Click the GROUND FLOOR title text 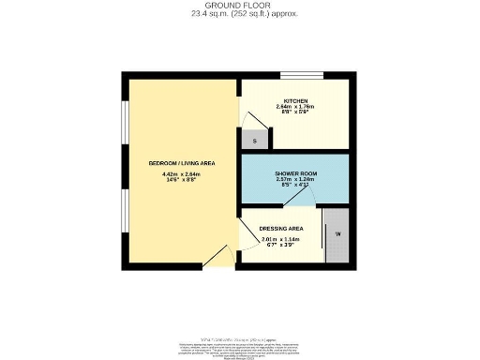coord(240,5)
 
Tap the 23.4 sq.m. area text coord(240,13)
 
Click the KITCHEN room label coord(297,99)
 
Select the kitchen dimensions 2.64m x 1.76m coord(297,110)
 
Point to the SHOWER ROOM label coord(295,175)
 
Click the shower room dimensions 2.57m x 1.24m coord(295,184)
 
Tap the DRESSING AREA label coord(282,228)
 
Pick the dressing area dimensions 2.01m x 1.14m coord(279,245)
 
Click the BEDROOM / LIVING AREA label coord(182,163)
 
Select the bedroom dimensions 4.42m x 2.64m coord(182,177)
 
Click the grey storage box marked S coord(255,141)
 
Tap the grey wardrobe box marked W coord(337,234)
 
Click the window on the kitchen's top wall coord(302,75)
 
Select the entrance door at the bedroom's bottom coord(215,262)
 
